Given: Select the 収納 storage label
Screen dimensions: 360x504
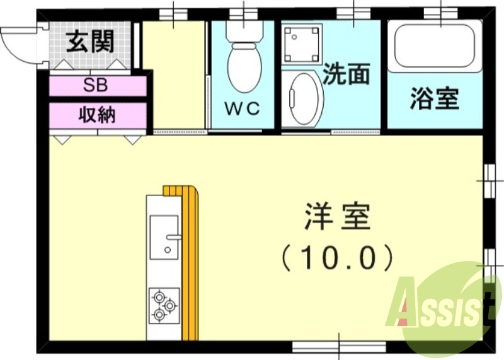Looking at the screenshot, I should (x=98, y=115).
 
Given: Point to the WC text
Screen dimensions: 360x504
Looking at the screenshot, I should (x=243, y=108).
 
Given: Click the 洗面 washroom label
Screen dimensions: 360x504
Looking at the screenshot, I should (x=346, y=75).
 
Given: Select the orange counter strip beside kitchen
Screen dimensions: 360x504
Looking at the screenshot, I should (x=192, y=265).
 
